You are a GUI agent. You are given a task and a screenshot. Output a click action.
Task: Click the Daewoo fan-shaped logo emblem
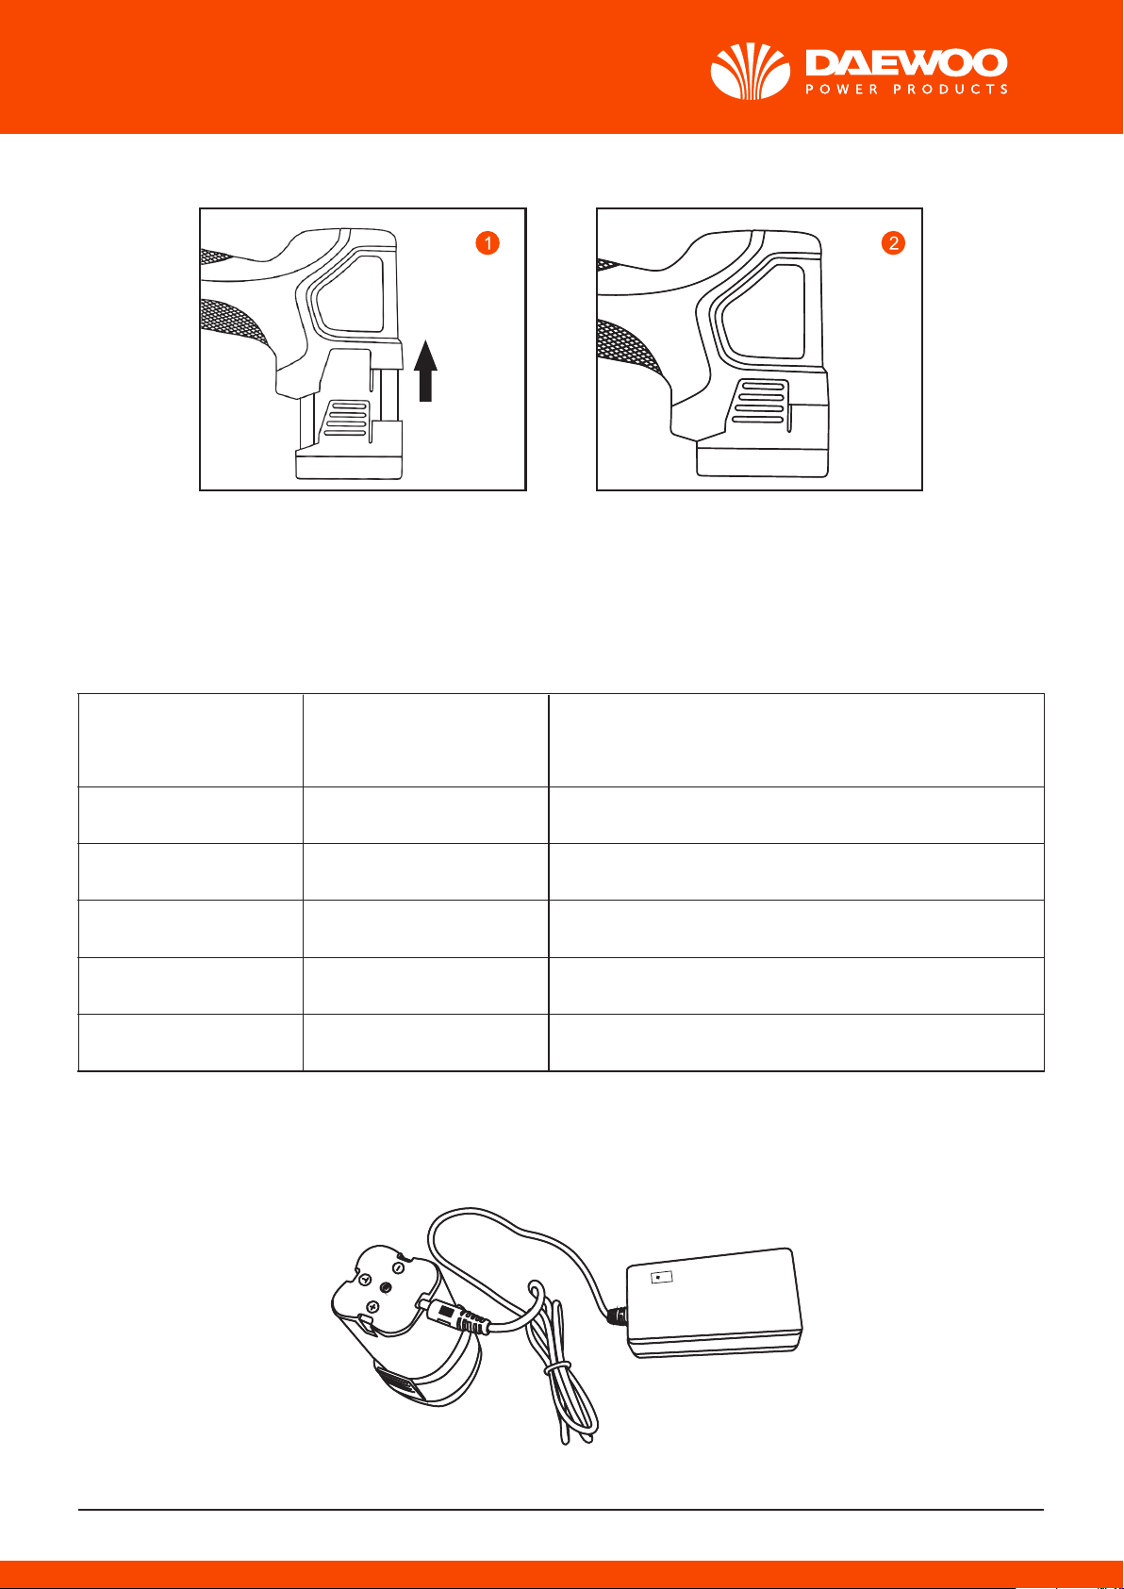(x=751, y=70)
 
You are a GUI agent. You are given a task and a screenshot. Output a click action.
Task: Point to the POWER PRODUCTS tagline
(x=906, y=90)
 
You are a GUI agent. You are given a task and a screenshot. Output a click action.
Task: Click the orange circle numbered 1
(x=488, y=242)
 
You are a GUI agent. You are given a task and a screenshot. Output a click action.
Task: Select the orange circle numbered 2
(x=893, y=242)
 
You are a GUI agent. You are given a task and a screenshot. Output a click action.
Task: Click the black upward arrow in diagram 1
(x=425, y=371)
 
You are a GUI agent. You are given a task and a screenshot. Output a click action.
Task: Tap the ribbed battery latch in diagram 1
(x=346, y=419)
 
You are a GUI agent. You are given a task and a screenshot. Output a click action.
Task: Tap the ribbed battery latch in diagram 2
(x=760, y=402)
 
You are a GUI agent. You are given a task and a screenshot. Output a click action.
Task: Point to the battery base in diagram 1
(x=349, y=466)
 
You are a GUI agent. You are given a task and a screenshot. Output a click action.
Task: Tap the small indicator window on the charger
(x=661, y=1277)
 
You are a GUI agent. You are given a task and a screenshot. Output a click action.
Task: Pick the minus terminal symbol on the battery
(x=399, y=1266)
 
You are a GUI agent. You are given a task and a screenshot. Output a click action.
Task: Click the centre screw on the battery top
(x=386, y=1287)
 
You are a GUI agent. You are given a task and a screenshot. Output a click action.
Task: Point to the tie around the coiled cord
(x=557, y=1367)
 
